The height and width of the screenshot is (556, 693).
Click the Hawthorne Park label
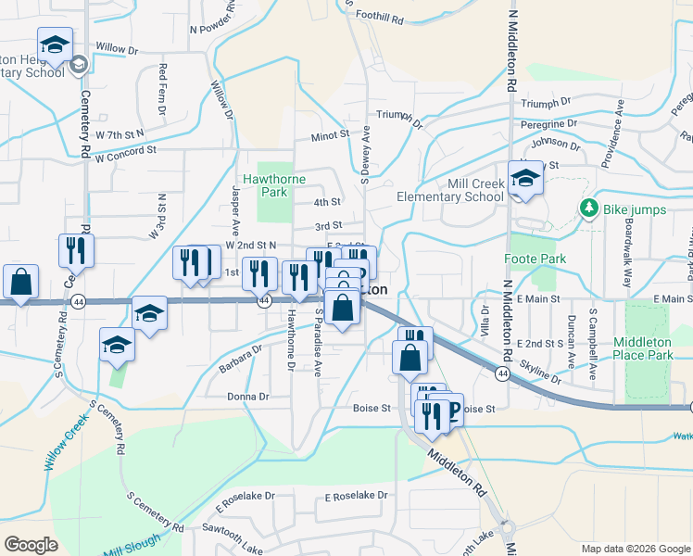pos(267,185)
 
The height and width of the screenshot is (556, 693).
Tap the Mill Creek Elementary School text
pos(449,190)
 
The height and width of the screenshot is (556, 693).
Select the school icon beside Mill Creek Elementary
pos(526,180)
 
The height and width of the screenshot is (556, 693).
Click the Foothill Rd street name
pos(383,18)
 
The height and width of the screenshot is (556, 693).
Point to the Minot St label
pos(330,133)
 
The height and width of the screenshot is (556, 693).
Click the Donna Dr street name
pos(247,397)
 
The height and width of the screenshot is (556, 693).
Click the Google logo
pos(31,545)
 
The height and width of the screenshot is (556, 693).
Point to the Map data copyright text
pos(636,549)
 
